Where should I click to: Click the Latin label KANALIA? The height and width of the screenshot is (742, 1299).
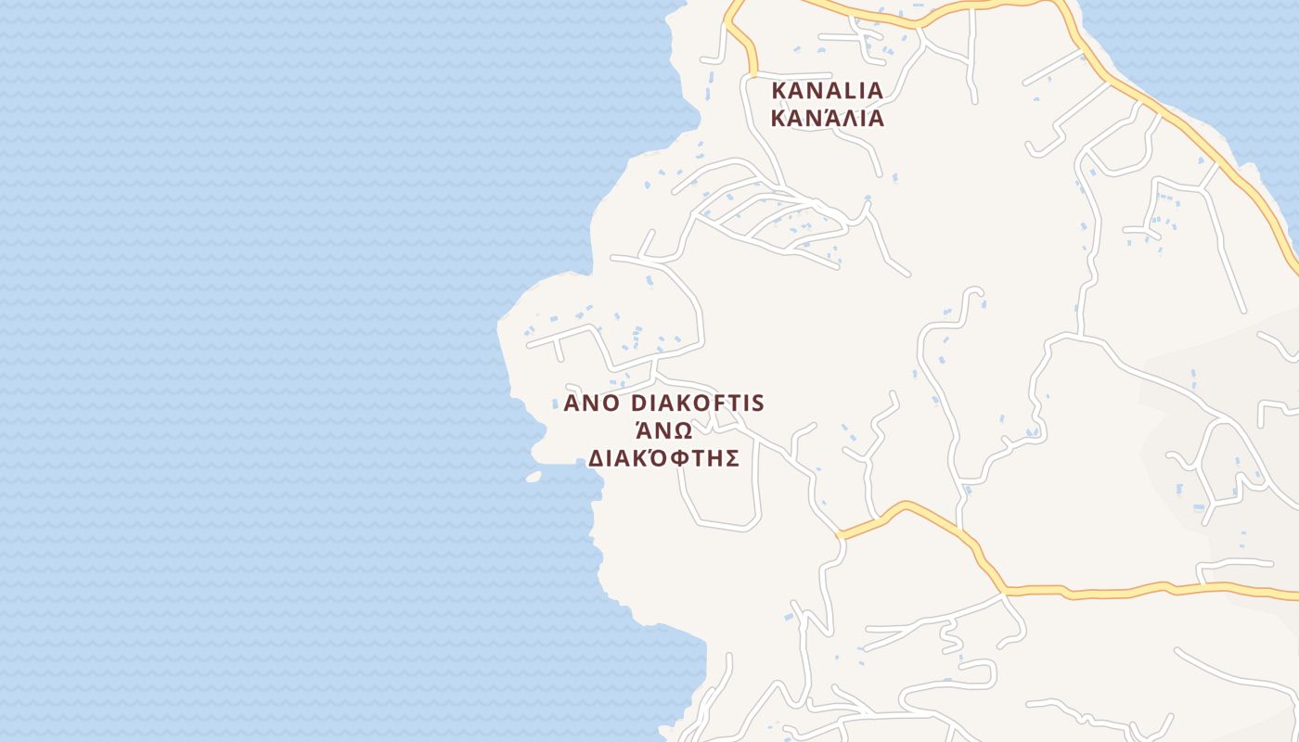[x=827, y=91]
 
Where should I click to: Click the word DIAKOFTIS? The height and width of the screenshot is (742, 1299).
[x=697, y=403]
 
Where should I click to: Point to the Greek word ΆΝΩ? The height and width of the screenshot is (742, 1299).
[x=663, y=430]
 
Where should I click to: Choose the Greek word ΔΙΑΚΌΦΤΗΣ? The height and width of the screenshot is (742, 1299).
[x=664, y=458]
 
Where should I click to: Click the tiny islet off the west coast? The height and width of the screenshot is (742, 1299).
[x=533, y=477]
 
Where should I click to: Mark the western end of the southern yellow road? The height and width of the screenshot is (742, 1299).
[x=840, y=535]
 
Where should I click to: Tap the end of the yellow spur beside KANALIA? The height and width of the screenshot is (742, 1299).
[x=753, y=72]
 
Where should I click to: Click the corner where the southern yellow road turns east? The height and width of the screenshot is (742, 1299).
[x=1004, y=589]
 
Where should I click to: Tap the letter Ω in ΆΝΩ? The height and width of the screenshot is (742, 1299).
[x=682, y=431]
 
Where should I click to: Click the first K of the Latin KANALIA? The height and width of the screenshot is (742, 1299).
[x=779, y=91]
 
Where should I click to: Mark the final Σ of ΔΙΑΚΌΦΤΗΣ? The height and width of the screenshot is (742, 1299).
[x=731, y=458]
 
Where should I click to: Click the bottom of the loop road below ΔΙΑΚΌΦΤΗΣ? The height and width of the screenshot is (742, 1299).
[x=733, y=528]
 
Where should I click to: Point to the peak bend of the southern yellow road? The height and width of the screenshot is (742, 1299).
[x=904, y=505]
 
